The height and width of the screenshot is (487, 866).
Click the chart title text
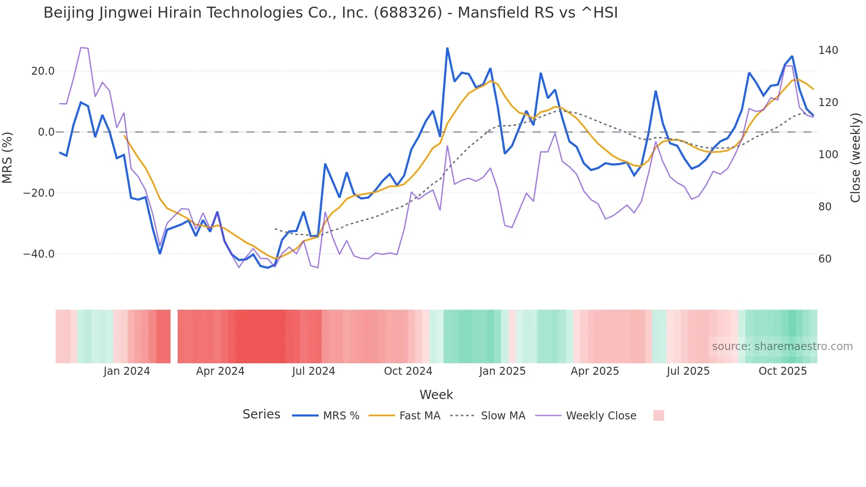point(330,13)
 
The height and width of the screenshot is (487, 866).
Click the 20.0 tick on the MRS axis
point(43,71)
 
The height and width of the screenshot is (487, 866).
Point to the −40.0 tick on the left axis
point(39,254)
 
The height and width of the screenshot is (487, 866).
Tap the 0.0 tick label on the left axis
point(46,132)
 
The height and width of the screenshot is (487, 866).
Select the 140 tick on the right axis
point(828,50)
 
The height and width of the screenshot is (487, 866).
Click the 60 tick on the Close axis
point(825,259)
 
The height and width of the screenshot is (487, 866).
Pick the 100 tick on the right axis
point(828,155)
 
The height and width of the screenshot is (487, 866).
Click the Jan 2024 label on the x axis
point(127,371)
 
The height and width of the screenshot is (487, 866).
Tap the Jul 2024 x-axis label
point(313,371)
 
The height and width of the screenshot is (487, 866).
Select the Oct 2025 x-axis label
point(782,371)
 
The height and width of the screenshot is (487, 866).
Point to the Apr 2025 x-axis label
point(595,371)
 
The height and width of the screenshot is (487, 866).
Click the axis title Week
point(436,395)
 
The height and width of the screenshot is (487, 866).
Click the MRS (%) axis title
point(8,157)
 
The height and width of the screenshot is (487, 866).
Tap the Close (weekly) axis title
point(855,157)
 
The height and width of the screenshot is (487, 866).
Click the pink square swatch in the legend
point(658,415)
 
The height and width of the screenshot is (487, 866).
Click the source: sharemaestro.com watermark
point(782,346)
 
